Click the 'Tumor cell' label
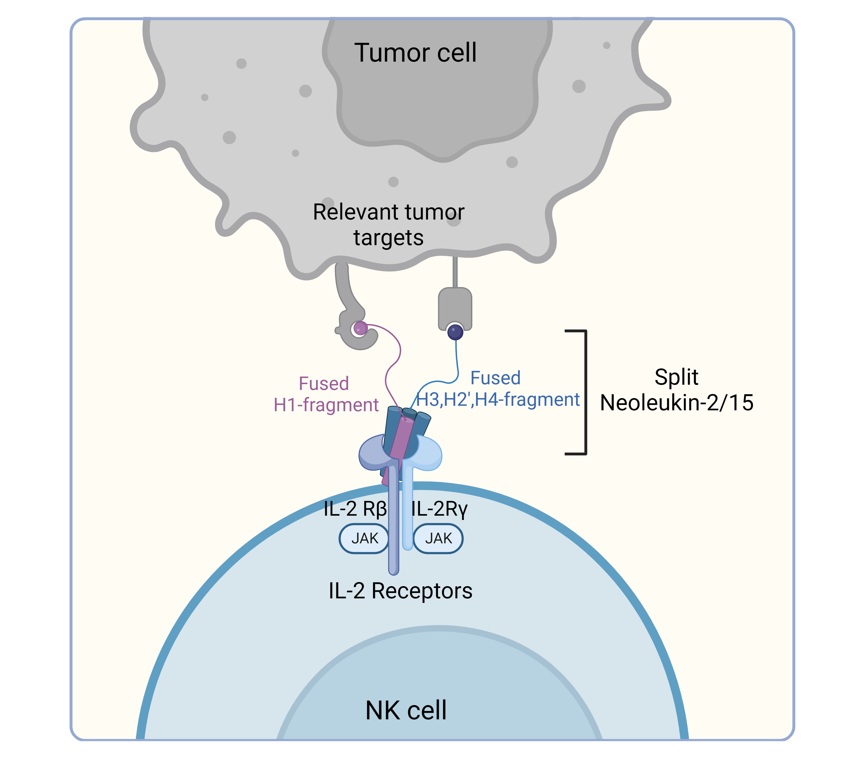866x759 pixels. pyautogui.click(x=415, y=53)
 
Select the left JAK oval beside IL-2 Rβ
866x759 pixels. pyautogui.click(x=364, y=538)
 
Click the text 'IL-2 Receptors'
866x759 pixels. pyautogui.click(x=400, y=591)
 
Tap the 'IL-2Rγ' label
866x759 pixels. pyautogui.click(x=439, y=509)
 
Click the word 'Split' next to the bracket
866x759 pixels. pyautogui.click(x=676, y=377)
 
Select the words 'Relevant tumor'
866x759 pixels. pyautogui.click(x=388, y=212)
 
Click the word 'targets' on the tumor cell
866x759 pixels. pyautogui.click(x=388, y=238)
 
